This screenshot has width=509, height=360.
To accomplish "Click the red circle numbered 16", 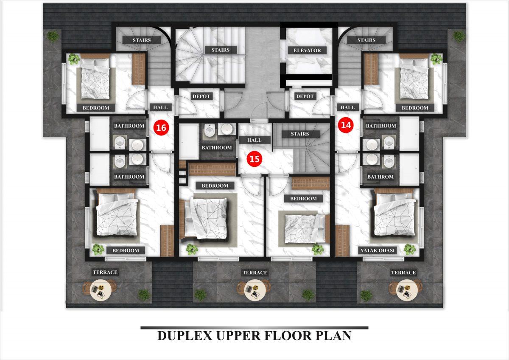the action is (161, 128).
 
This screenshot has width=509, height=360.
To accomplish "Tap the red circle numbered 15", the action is (254, 159).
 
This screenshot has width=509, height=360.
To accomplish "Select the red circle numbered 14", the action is (346, 125).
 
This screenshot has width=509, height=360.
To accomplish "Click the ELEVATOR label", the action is (307, 50).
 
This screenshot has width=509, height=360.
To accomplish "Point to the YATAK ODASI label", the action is (378, 250).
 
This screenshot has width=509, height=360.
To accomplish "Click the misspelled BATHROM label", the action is (380, 177).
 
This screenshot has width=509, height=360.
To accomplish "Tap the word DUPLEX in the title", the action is (185, 336).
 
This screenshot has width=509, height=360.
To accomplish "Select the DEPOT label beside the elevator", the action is (305, 96).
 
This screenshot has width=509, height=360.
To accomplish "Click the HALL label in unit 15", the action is (254, 140).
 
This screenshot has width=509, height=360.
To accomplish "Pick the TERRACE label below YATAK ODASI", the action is (403, 273).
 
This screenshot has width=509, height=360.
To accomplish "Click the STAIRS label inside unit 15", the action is (300, 134).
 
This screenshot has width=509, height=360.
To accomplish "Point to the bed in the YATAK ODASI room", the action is (395, 215).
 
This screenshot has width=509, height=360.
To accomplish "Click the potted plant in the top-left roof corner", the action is (53, 37).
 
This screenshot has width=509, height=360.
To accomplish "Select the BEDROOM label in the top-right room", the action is (415, 108).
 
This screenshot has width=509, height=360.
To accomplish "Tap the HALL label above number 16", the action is (160, 107).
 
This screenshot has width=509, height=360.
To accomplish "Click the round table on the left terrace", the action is (101, 292).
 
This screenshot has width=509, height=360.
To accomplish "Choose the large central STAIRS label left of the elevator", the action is (221, 50).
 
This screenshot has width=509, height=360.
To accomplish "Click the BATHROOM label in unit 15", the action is (217, 148).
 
